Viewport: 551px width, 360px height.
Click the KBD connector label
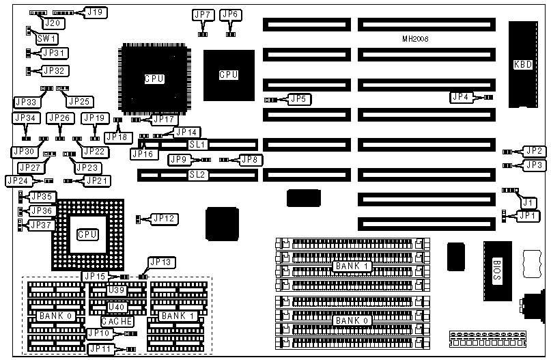(522, 66)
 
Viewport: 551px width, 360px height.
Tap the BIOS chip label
(496, 263)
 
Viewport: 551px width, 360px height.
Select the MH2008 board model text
(415, 40)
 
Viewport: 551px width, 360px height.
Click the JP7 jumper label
(203, 14)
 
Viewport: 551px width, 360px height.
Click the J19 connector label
(94, 12)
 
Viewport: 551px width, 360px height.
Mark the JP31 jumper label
(55, 53)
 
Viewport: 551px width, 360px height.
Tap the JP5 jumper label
(299, 99)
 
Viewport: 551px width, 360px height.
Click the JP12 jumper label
(164, 219)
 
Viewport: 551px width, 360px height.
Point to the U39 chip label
(116, 290)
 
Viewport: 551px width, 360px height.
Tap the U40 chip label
(116, 306)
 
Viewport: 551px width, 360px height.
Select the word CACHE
(117, 321)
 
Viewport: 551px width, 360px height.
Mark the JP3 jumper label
(534, 165)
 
